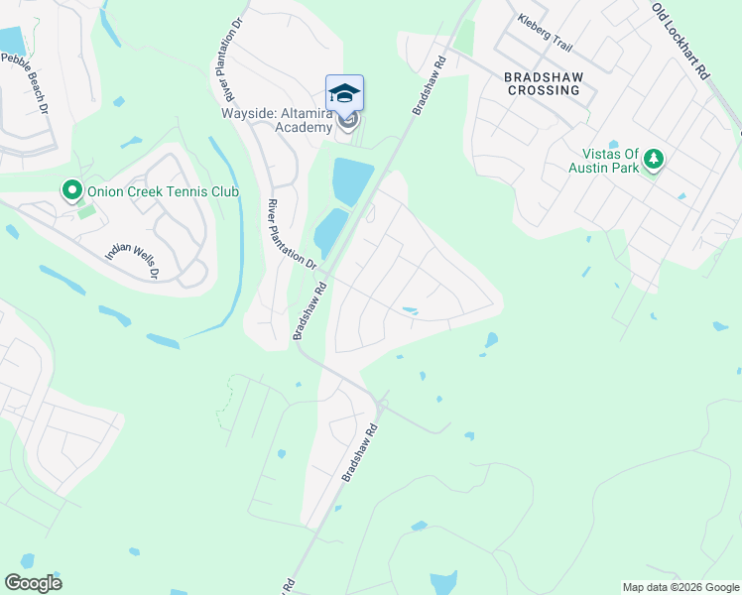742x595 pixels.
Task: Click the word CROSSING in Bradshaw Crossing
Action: click(x=542, y=90)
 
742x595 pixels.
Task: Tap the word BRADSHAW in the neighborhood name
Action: click(x=541, y=76)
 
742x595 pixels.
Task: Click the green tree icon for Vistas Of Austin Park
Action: click(x=653, y=158)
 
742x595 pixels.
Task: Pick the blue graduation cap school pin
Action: click(x=344, y=93)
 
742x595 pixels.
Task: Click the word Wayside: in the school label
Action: click(x=247, y=112)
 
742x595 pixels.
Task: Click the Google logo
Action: click(x=33, y=583)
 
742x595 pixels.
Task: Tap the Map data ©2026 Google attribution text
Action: click(x=680, y=587)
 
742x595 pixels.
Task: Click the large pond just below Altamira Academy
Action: click(x=352, y=180)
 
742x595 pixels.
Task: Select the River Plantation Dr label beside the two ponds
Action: click(x=290, y=234)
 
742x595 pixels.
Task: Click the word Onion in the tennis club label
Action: click(x=106, y=191)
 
